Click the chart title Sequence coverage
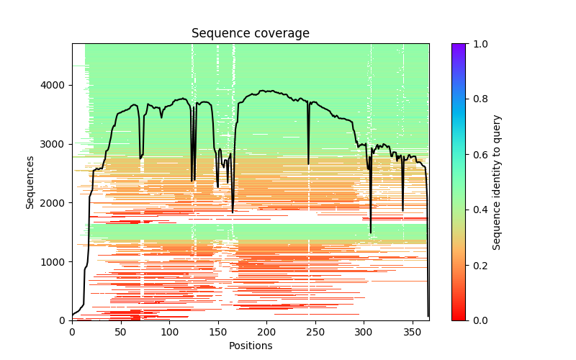point(250,34)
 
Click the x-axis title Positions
point(250,346)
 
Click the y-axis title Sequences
point(30,181)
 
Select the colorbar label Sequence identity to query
point(497,181)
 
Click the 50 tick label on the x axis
point(120,332)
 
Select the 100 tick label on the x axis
point(169,332)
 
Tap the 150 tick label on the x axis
point(217,332)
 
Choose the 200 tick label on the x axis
point(266,332)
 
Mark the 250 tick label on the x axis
point(315,332)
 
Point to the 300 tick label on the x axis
point(364,332)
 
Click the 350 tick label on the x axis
point(412,332)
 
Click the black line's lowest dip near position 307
point(371,233)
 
